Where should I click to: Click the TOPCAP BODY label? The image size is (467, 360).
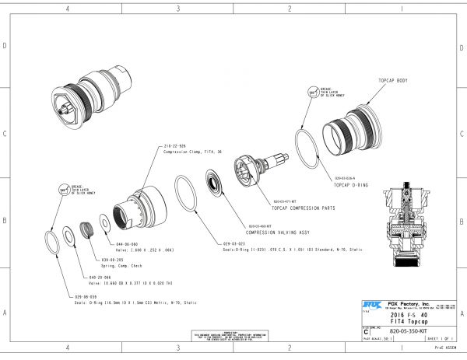coord(393,81)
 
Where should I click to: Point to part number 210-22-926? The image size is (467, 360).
coord(174,146)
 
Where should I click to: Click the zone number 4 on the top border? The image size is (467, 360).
coord(68,9)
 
